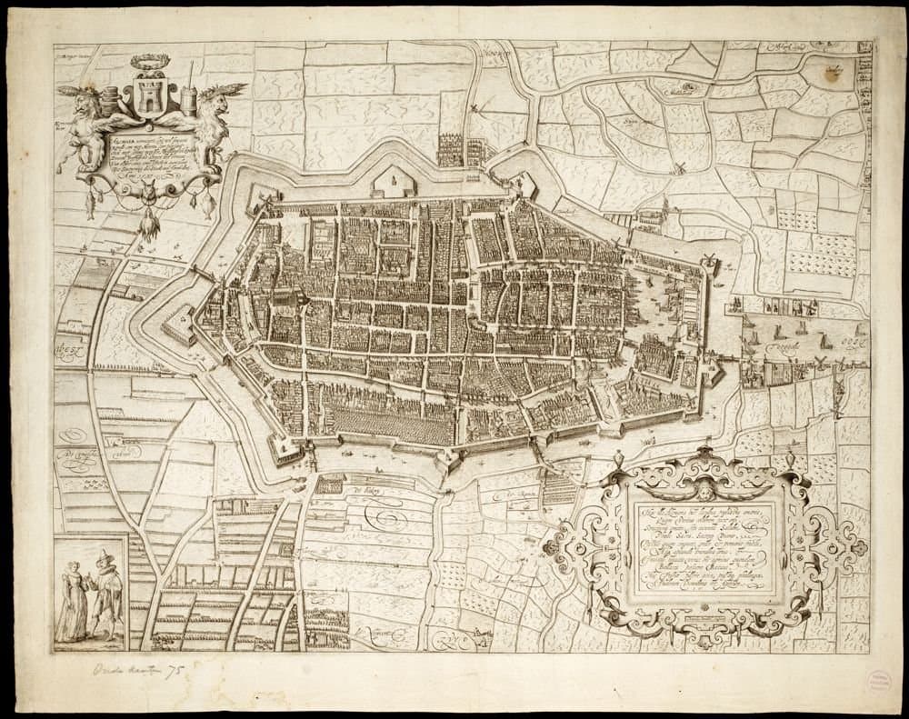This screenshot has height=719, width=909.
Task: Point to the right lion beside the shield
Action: pyautogui.click(x=213, y=118)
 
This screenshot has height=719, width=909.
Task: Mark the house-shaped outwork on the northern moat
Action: pyautogui.click(x=394, y=181)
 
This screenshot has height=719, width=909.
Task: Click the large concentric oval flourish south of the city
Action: pyautogui.click(x=381, y=521)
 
